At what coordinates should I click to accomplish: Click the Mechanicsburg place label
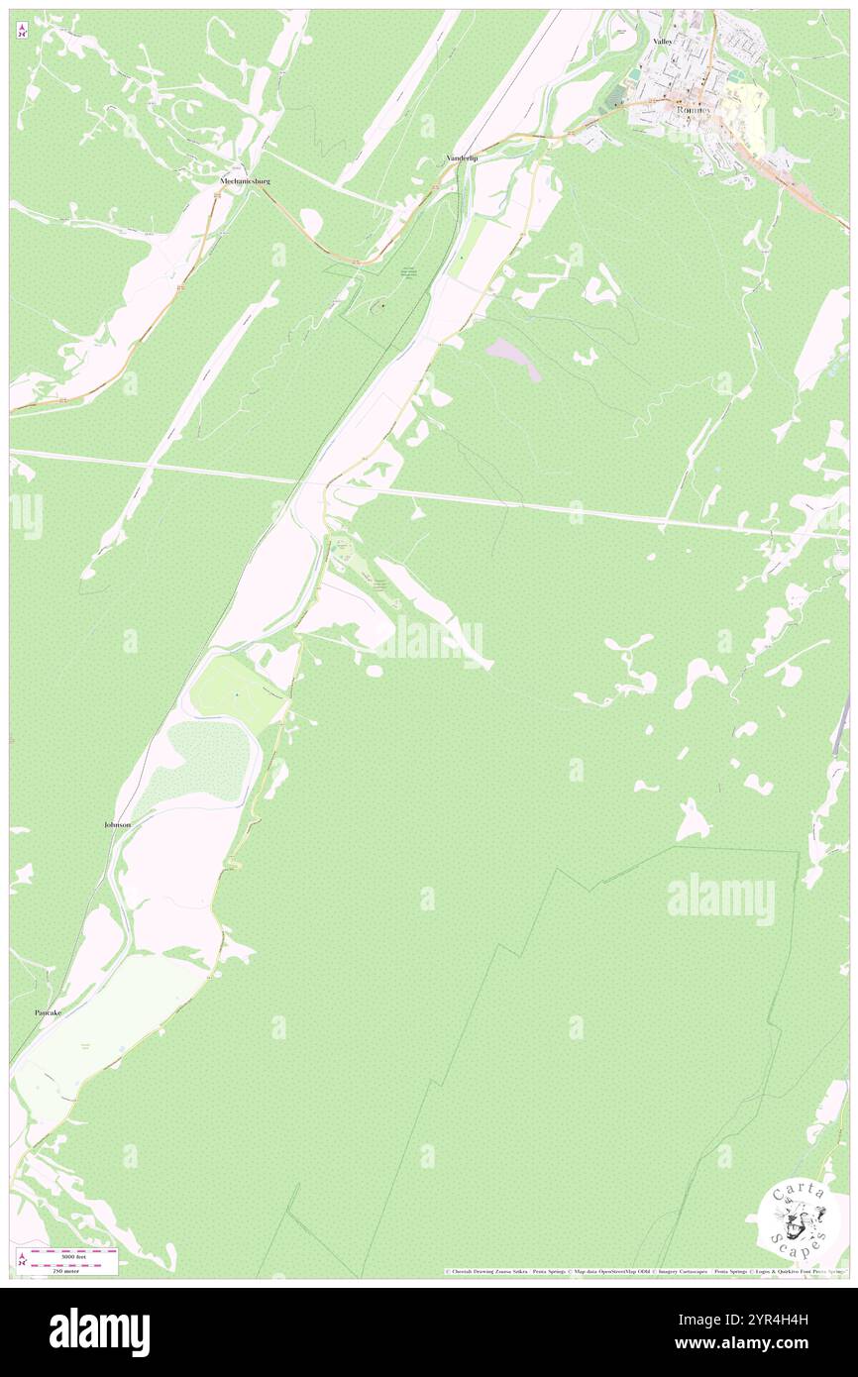click(245, 181)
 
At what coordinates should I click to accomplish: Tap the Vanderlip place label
click(462, 159)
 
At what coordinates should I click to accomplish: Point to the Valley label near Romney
click(662, 41)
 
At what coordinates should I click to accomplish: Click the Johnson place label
click(117, 824)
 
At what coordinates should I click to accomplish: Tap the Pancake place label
click(49, 1012)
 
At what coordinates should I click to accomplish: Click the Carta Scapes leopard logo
click(798, 1218)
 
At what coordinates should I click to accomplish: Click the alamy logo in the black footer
click(99, 1330)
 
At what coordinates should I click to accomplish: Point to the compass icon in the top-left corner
click(22, 32)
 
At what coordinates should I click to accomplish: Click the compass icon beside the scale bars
click(22, 1259)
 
